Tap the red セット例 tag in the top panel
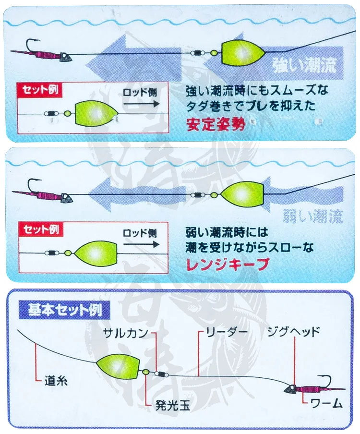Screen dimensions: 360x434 click(39, 89)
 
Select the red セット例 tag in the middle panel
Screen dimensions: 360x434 click(39, 229)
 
